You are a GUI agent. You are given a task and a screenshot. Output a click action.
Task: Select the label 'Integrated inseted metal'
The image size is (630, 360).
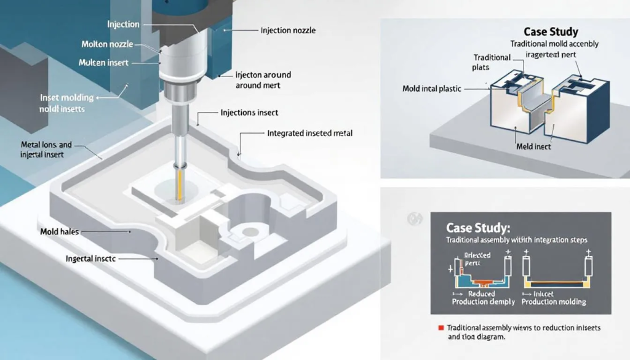pos(309,133)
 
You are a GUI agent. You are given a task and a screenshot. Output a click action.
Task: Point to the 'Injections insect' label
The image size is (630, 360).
pos(249,113)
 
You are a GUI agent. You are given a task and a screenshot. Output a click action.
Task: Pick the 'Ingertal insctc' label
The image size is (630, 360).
pos(91,259)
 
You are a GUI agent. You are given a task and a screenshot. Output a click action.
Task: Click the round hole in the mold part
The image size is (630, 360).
pos(250,231)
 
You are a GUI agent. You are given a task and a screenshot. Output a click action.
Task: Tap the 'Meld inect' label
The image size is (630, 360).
pos(532,148)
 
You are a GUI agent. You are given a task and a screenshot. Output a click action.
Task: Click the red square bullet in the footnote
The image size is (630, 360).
pos(441,328)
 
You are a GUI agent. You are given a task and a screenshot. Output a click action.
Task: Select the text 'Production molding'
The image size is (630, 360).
pos(554,302)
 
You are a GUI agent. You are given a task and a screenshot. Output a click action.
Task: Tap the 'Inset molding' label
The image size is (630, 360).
pos(66,97)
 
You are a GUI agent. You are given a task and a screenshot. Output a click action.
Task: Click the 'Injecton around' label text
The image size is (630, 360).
pos(263,74)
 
